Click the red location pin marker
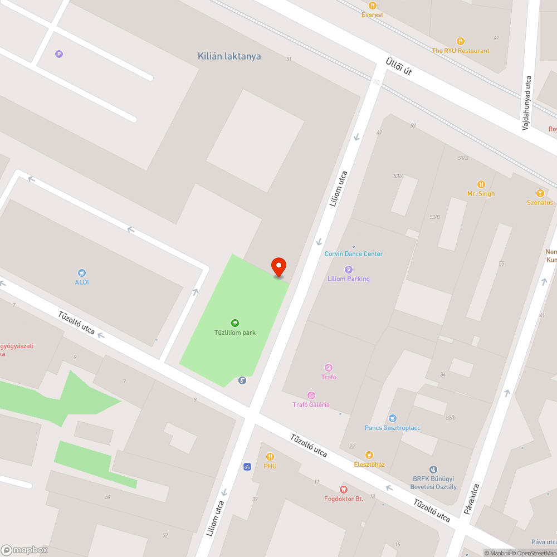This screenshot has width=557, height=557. (x=278, y=267)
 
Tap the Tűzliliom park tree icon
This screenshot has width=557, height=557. (x=235, y=323)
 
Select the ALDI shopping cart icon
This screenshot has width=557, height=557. (x=82, y=272)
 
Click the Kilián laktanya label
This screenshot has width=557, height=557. (x=229, y=56)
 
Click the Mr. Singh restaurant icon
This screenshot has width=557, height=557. (x=481, y=184)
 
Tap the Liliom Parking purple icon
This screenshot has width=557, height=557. (x=349, y=270)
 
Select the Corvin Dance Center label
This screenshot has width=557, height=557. (x=354, y=254)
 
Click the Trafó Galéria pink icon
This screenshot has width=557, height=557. (x=311, y=395)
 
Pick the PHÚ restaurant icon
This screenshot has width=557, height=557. (x=270, y=456)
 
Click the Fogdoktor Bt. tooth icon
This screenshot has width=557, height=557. (x=344, y=489)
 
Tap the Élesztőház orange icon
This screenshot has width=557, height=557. (x=369, y=455)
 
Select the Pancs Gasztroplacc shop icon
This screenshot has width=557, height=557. (x=393, y=418)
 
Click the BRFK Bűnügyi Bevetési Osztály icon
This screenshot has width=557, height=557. (x=434, y=470)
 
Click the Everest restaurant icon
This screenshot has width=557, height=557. (x=373, y=6)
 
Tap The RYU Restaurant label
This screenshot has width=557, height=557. (x=461, y=51)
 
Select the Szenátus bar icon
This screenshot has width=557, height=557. (x=540, y=193)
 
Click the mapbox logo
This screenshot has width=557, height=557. (x=25, y=549)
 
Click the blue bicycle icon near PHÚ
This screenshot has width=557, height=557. (x=247, y=466)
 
